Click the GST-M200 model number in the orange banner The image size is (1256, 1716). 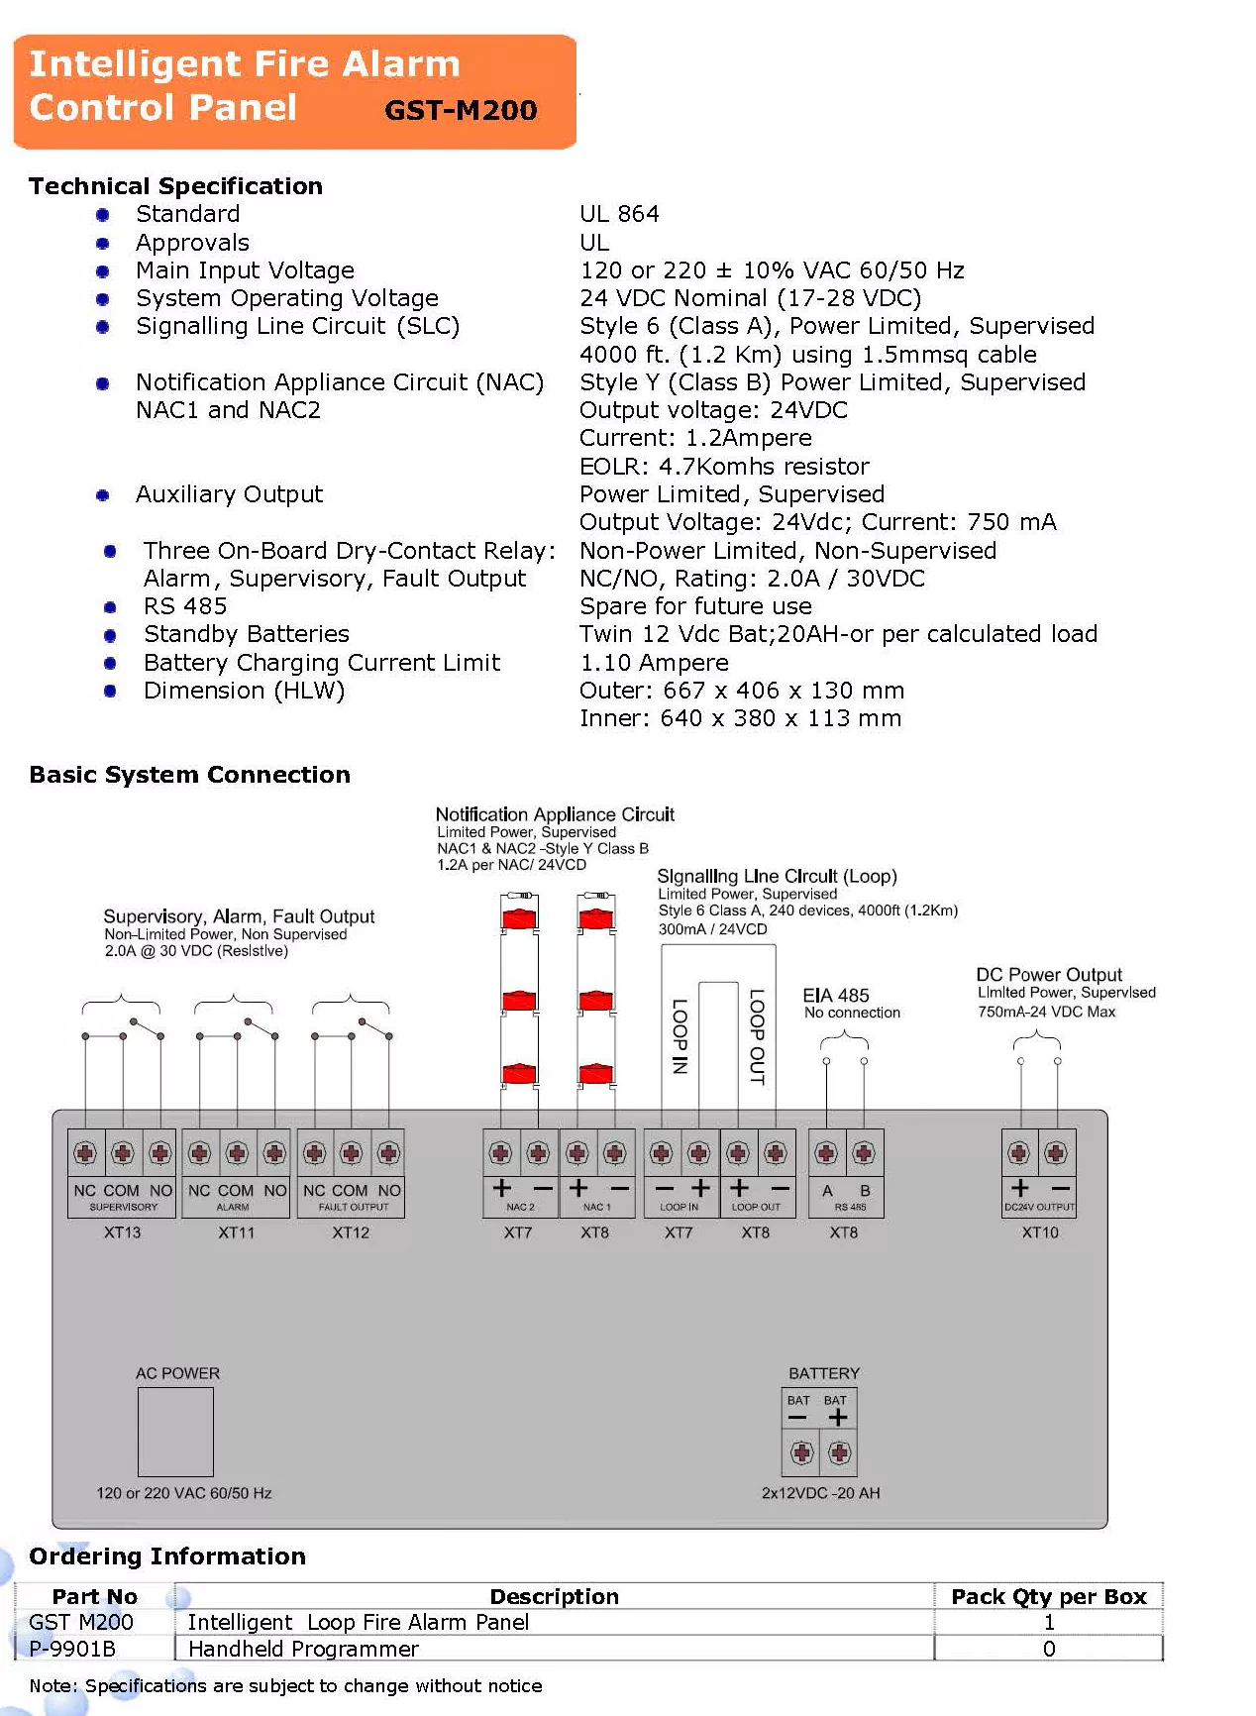pyautogui.click(x=461, y=110)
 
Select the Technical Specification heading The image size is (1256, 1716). pyautogui.click(x=175, y=186)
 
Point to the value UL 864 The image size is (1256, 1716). pyautogui.click(x=619, y=214)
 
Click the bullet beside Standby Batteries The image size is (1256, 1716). pyautogui.click(x=110, y=635)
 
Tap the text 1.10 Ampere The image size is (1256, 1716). pyautogui.click(x=654, y=663)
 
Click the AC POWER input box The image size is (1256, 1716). pyautogui.click(x=175, y=1432)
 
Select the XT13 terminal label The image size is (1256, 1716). pyautogui.click(x=123, y=1233)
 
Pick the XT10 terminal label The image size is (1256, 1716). pyautogui.click(x=1040, y=1233)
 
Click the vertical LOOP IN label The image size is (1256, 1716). pyautogui.click(x=680, y=1036)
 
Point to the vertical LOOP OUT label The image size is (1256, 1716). pyautogui.click(x=757, y=1036)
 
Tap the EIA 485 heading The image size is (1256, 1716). pyautogui.click(x=836, y=996)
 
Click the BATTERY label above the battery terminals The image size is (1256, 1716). pyautogui.click(x=824, y=1373)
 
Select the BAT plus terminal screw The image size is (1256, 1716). pyautogui.click(x=840, y=1453)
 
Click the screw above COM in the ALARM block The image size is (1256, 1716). pyautogui.click(x=237, y=1153)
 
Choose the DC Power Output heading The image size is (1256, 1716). pyautogui.click(x=1049, y=975)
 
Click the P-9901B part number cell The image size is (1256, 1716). pyautogui.click(x=72, y=1649)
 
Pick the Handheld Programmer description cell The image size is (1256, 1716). pyautogui.click(x=303, y=1649)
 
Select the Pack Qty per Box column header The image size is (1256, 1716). pyautogui.click(x=1048, y=1596)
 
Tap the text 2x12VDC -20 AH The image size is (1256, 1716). pyautogui.click(x=820, y=1493)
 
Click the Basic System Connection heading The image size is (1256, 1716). pyautogui.click(x=189, y=775)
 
